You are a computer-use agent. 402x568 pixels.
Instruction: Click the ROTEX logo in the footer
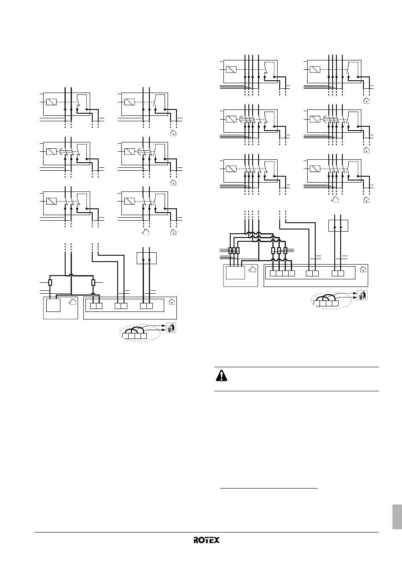pyautogui.click(x=207, y=540)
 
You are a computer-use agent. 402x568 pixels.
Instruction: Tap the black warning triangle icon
pyautogui.click(x=221, y=376)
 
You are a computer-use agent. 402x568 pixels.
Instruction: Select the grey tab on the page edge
pyautogui.click(x=396, y=516)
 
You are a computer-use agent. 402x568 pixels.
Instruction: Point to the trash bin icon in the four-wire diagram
pyautogui.click(x=362, y=295)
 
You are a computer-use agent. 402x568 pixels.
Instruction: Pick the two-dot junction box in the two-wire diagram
pyautogui.click(x=147, y=258)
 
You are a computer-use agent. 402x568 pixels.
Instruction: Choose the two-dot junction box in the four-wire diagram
pyautogui.click(x=338, y=226)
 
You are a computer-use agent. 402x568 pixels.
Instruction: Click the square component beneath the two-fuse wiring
pyautogui.click(x=53, y=305)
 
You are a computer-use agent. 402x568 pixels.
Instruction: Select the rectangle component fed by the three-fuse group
pyautogui.click(x=235, y=272)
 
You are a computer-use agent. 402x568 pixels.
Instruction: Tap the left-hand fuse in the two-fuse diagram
pyautogui.click(x=50, y=282)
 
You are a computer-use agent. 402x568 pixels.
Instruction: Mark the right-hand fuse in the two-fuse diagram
pyautogui.click(x=94, y=282)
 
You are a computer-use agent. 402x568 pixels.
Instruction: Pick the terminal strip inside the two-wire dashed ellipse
pyautogui.click(x=134, y=336)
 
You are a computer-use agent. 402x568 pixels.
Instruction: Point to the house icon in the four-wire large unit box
pyautogui.click(x=363, y=269)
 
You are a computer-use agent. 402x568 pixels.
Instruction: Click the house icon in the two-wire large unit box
pyautogui.click(x=171, y=302)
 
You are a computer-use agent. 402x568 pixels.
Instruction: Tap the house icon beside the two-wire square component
pyautogui.click(x=73, y=302)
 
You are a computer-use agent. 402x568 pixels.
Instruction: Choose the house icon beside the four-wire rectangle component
pyautogui.click(x=253, y=269)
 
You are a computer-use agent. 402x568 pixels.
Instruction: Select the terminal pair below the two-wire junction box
pyautogui.click(x=146, y=306)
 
